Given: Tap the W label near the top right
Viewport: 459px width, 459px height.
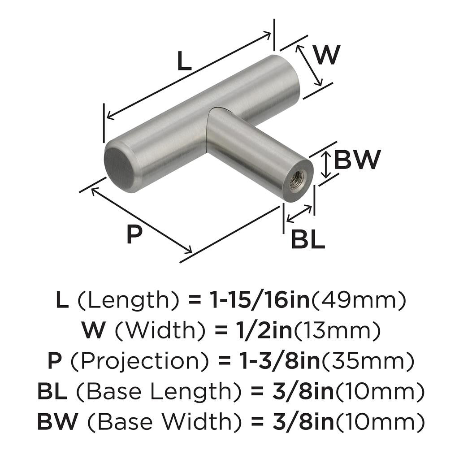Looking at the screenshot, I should (327, 56).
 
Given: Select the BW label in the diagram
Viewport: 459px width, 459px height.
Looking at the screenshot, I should (357, 160).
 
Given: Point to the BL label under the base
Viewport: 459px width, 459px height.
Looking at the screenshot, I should (307, 240).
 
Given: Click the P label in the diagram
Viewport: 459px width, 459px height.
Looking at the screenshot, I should (134, 234).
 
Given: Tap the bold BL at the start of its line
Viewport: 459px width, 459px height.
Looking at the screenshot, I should (52, 391).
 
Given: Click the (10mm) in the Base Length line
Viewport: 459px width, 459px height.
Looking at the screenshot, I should (379, 391).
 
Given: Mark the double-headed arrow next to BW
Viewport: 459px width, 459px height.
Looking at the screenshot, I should (327, 164).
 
